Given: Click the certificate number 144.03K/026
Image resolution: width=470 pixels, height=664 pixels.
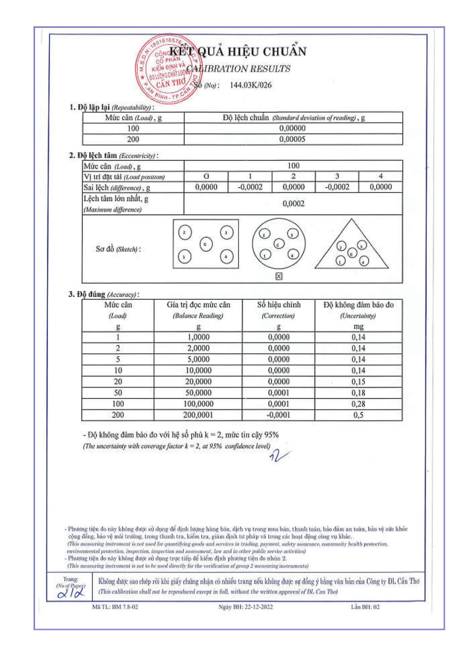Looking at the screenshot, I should pos(250,85).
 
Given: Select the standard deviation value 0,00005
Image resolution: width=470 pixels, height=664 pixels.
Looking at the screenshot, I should pos(292,139).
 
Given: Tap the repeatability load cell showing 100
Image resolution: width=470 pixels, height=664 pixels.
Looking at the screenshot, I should pos(133,128).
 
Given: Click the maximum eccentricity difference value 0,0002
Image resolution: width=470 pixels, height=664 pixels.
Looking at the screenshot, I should pos(293,204).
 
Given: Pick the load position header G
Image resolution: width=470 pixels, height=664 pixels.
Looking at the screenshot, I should pos(206,176).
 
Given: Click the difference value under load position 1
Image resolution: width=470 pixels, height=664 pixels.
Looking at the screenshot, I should pos(250,187).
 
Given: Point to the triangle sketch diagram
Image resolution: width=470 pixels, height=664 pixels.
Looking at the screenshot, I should pos(351,246).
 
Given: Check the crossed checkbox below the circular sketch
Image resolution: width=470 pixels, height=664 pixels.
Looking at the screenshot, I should pos(279,276).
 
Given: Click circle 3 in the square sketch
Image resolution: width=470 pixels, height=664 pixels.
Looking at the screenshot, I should pos(226,232).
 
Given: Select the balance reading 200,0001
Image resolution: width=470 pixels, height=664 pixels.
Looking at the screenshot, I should pos(198,415).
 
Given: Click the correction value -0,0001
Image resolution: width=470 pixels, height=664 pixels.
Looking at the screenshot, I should pos(278,415).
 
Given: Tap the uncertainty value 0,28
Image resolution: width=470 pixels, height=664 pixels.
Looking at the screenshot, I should pos(358,404).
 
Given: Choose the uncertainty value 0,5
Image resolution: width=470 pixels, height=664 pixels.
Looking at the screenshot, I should pos(358,415).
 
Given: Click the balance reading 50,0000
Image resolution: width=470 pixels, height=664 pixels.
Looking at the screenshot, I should pos(198,393).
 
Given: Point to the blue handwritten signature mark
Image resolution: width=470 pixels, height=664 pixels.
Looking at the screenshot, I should pos(279,456).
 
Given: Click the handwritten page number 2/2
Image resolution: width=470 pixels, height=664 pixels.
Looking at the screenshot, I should pos(71,594).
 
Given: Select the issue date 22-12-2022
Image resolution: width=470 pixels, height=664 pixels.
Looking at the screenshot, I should pos(258,607).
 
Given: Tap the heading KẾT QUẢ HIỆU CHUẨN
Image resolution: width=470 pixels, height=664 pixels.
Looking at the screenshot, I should pos(238,51).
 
